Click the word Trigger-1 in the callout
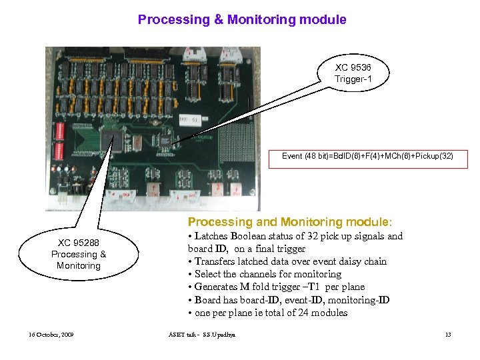(353, 79)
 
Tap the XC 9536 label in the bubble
(353, 68)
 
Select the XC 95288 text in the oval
(79, 243)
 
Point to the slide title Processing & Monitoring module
(242, 19)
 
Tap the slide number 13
(448, 334)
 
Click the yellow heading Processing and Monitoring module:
(290, 222)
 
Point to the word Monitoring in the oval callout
(79, 265)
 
